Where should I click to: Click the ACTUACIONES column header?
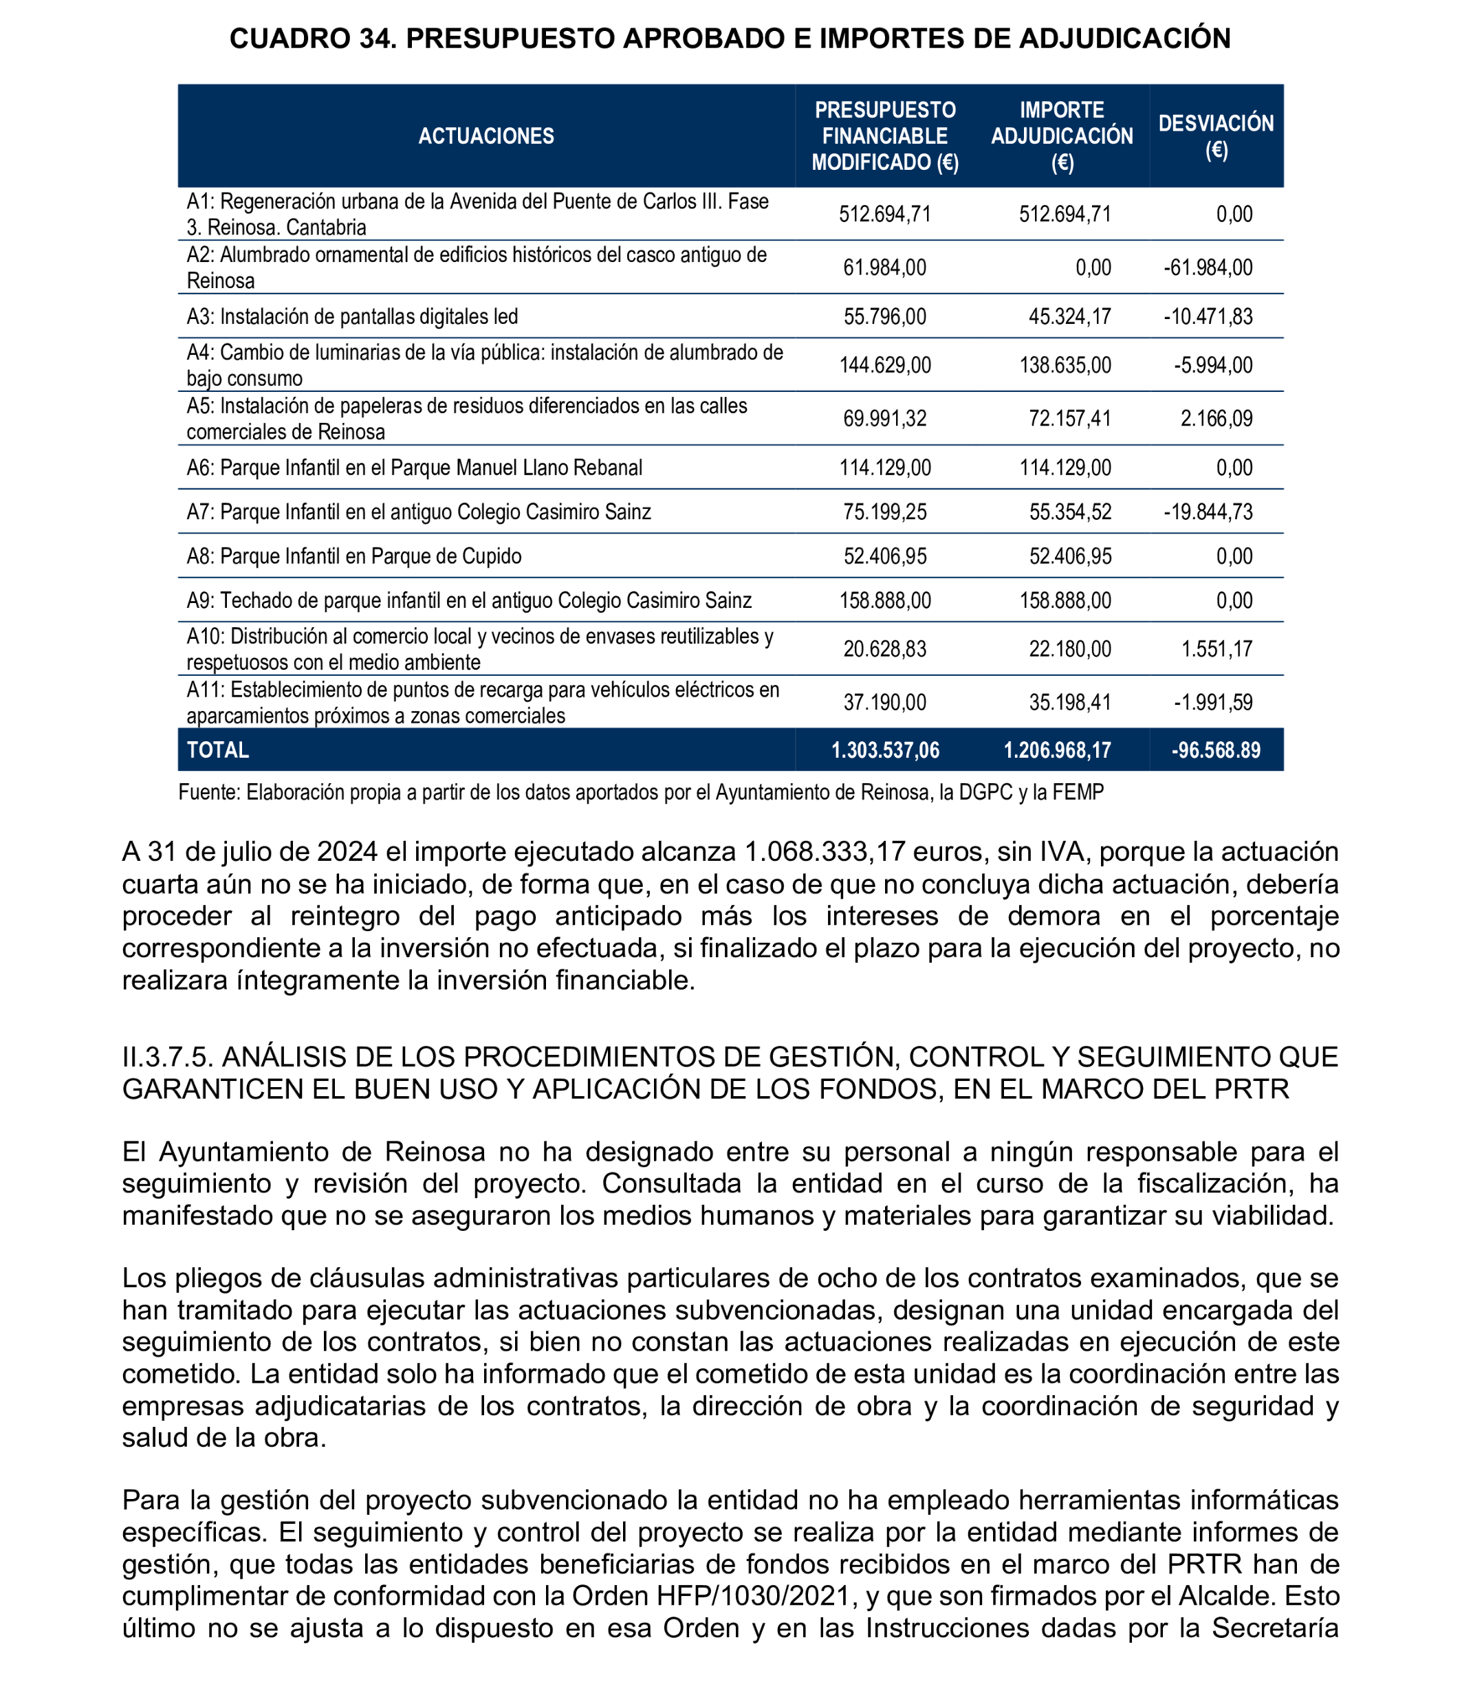(486, 135)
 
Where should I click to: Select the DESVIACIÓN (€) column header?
(1216, 135)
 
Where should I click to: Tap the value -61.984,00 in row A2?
(1208, 267)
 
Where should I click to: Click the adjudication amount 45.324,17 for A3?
(1069, 316)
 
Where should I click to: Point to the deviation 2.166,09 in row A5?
(1216, 419)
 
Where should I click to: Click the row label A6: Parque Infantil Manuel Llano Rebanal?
(415, 468)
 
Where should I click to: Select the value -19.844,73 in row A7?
(1208, 512)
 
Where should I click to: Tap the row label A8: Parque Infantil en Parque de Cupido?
(354, 556)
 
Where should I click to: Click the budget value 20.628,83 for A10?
(885, 648)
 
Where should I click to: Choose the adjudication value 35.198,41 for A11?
(1069, 703)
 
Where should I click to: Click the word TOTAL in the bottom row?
(218, 750)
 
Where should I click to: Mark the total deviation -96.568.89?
(1216, 750)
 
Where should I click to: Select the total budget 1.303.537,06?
(885, 750)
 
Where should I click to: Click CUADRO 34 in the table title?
(312, 39)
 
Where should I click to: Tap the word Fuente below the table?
(209, 792)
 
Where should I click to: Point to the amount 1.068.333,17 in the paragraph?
(825, 852)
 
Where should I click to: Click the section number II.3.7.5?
(167, 1057)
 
